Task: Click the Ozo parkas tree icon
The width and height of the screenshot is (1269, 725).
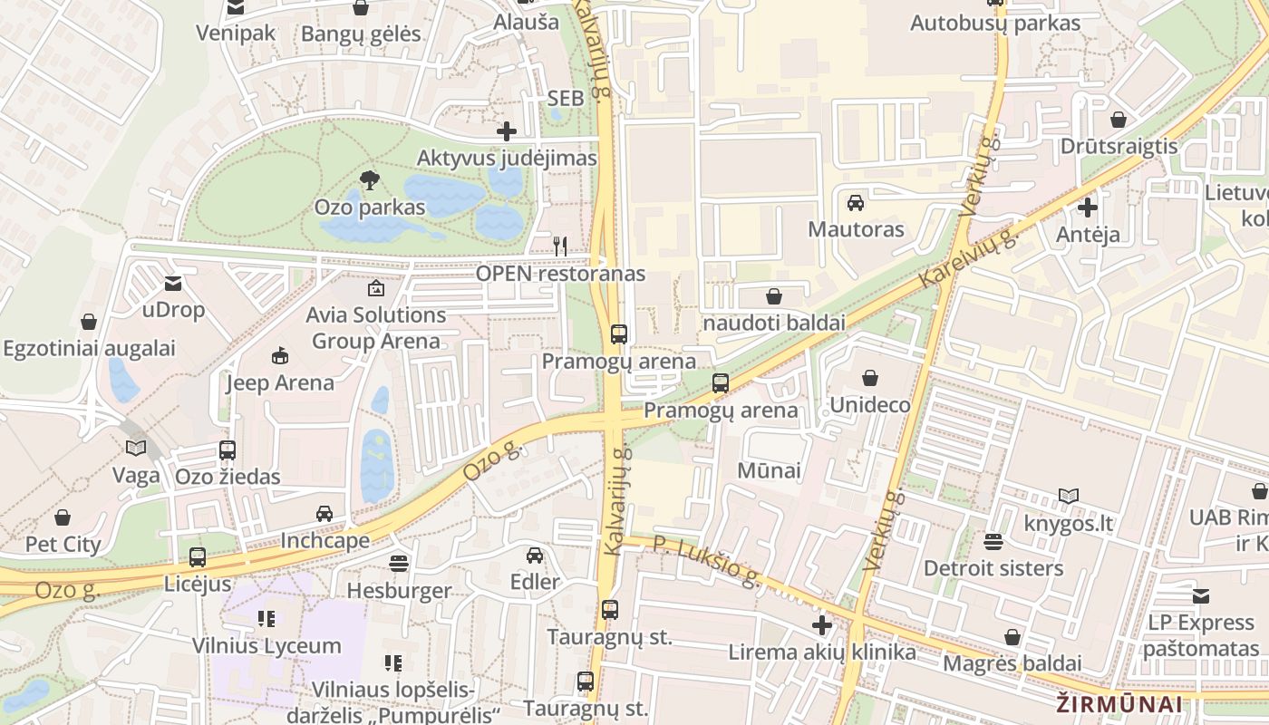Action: click(369, 180)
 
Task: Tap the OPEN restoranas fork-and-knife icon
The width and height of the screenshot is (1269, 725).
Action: click(560, 246)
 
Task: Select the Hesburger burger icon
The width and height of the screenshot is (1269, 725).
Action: click(398, 564)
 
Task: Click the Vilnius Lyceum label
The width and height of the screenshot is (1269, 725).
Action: click(266, 646)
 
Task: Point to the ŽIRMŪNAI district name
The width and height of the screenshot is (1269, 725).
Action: click(1119, 704)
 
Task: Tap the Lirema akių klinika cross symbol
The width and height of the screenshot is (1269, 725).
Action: click(822, 625)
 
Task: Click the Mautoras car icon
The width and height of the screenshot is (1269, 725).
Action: click(855, 202)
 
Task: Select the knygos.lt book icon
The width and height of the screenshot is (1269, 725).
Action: click(1069, 497)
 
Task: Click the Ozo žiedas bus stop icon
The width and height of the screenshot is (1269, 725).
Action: click(228, 449)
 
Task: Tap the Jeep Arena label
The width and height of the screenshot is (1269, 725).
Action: click(280, 382)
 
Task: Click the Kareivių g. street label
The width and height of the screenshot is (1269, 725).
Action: click(969, 258)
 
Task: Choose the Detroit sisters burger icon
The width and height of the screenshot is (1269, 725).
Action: click(993, 542)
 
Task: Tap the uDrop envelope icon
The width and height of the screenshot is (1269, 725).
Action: click(173, 284)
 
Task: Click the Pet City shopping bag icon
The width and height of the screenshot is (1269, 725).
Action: click(63, 517)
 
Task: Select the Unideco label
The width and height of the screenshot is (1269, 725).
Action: click(870, 404)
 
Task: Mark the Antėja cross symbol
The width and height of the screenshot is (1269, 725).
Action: click(1088, 208)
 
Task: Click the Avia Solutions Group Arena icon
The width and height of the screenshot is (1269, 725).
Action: click(375, 288)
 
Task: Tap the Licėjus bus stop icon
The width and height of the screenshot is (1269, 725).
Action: click(198, 557)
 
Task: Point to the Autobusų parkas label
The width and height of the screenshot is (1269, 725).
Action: click(994, 23)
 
